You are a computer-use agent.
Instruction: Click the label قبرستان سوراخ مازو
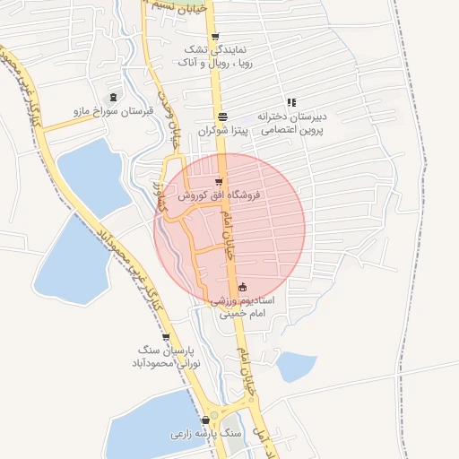coord(114,112)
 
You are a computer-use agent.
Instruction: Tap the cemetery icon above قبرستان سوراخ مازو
coord(113,97)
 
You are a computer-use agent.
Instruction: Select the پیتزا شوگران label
coord(221,131)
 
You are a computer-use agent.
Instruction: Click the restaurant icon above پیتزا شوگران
coord(222,117)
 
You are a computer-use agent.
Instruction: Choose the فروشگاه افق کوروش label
coord(218,195)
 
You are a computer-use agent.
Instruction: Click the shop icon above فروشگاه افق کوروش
coord(219,181)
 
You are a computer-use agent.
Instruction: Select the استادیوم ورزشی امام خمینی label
coord(243,309)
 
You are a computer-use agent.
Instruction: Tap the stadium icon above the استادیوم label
coord(243,288)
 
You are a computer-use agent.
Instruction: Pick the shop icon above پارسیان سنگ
coord(166,337)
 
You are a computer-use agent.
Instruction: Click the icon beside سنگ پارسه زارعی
coord(206,420)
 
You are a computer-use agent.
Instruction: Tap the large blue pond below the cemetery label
coord(90,175)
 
